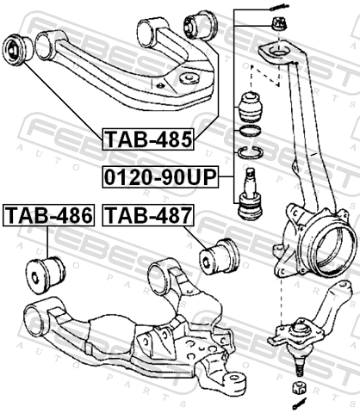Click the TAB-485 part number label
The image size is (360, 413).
[x=148, y=139]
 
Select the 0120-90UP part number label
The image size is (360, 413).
[x=160, y=177]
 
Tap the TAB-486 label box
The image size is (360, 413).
[x=48, y=215]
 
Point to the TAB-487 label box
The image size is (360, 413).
[x=148, y=215]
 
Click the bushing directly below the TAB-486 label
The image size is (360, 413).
[x=46, y=275]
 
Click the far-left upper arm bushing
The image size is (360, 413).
[x=18, y=50]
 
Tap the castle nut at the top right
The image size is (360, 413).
[x=279, y=23]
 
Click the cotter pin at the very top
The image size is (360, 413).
[x=279, y=7]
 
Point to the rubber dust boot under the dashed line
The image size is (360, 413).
[x=251, y=107]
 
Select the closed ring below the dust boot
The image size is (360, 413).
[x=250, y=132]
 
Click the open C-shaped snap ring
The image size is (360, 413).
[x=251, y=151]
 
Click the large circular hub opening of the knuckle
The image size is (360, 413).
[x=335, y=249]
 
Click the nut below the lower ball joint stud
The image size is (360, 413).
[x=299, y=388]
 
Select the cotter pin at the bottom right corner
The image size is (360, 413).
[x=299, y=404]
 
